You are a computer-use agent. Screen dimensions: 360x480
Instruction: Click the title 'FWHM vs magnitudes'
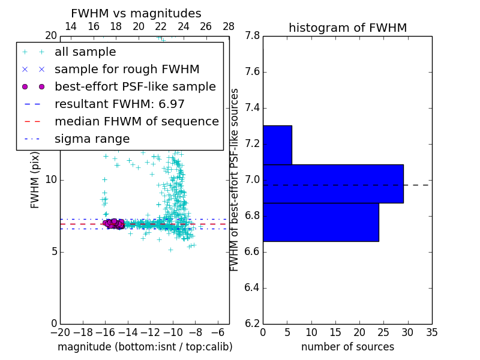pos(136,13)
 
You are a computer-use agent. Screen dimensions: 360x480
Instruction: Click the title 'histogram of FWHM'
pos(347,28)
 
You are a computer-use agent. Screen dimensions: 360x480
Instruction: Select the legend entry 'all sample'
pos(85,52)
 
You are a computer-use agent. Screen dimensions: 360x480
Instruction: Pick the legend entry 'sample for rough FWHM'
pos(127,70)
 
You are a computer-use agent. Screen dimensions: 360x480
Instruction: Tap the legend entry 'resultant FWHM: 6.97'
pos(119,104)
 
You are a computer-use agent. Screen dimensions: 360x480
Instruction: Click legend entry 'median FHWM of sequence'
pos(136,122)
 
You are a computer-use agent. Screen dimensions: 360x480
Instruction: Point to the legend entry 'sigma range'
pos(92,139)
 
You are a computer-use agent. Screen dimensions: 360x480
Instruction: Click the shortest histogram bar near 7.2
pos(277,145)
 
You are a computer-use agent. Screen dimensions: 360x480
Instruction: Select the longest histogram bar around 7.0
pos(333,184)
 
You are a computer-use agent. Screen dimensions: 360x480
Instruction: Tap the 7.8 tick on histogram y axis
pos(252,36)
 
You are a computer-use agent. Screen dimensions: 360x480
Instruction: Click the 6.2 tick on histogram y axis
pos(252,323)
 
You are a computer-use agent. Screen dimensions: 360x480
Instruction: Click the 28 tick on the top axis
pos(229,26)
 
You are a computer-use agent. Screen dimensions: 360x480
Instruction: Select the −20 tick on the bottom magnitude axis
pos(60,332)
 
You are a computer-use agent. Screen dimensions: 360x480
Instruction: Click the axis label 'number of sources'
pos(347,347)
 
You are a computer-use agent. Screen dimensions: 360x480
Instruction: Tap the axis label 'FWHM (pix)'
pos(35,179)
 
